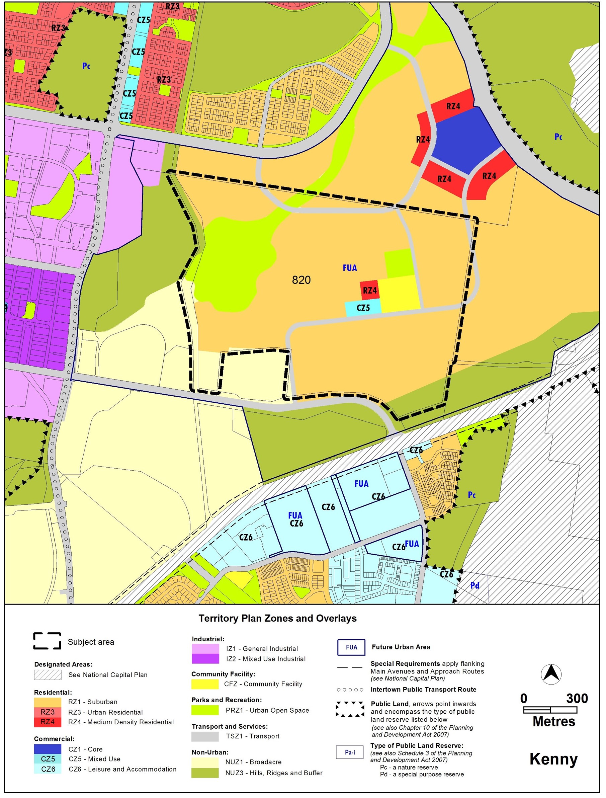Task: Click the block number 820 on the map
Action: (x=301, y=280)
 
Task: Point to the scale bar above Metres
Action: (x=550, y=710)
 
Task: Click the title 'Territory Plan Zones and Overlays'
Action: (x=277, y=618)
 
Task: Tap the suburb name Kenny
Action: (x=553, y=759)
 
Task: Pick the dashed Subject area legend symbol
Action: (x=47, y=641)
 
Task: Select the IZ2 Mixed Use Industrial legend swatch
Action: (x=205, y=659)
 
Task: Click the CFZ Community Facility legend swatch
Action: (x=205, y=684)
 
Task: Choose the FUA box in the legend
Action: (x=351, y=647)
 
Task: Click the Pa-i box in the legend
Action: (x=350, y=752)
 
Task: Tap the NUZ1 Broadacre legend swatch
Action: (x=205, y=762)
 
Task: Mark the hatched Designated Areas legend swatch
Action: (x=48, y=675)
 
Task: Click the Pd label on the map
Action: (x=475, y=585)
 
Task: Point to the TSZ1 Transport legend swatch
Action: (x=205, y=736)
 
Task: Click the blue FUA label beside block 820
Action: (x=350, y=268)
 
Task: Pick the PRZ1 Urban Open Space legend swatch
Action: (x=205, y=710)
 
